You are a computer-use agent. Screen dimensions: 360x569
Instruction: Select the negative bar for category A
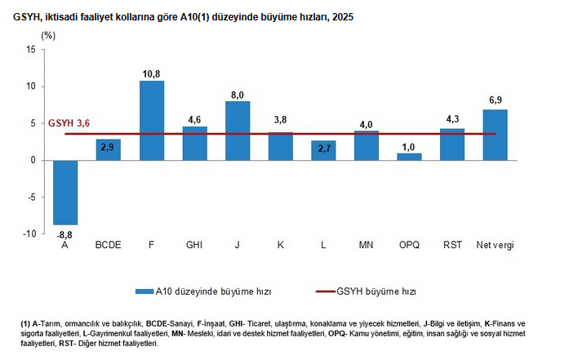65,192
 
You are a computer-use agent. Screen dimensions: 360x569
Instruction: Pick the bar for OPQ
409,157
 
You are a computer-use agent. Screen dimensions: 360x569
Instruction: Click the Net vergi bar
495,135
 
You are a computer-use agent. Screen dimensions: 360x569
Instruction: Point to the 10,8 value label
151,73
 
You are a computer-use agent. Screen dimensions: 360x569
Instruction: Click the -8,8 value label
65,233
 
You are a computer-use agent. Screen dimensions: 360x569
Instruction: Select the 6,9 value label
495,101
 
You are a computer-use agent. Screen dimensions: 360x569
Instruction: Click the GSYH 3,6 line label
69,123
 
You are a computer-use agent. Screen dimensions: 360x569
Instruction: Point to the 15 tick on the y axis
30,50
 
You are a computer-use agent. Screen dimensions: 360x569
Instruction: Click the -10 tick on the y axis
28,234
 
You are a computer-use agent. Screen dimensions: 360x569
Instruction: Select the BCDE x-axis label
109,245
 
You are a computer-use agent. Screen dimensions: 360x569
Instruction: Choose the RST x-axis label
451,245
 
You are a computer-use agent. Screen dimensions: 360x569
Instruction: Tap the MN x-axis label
366,245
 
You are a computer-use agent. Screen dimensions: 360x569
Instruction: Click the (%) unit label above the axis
48,35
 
